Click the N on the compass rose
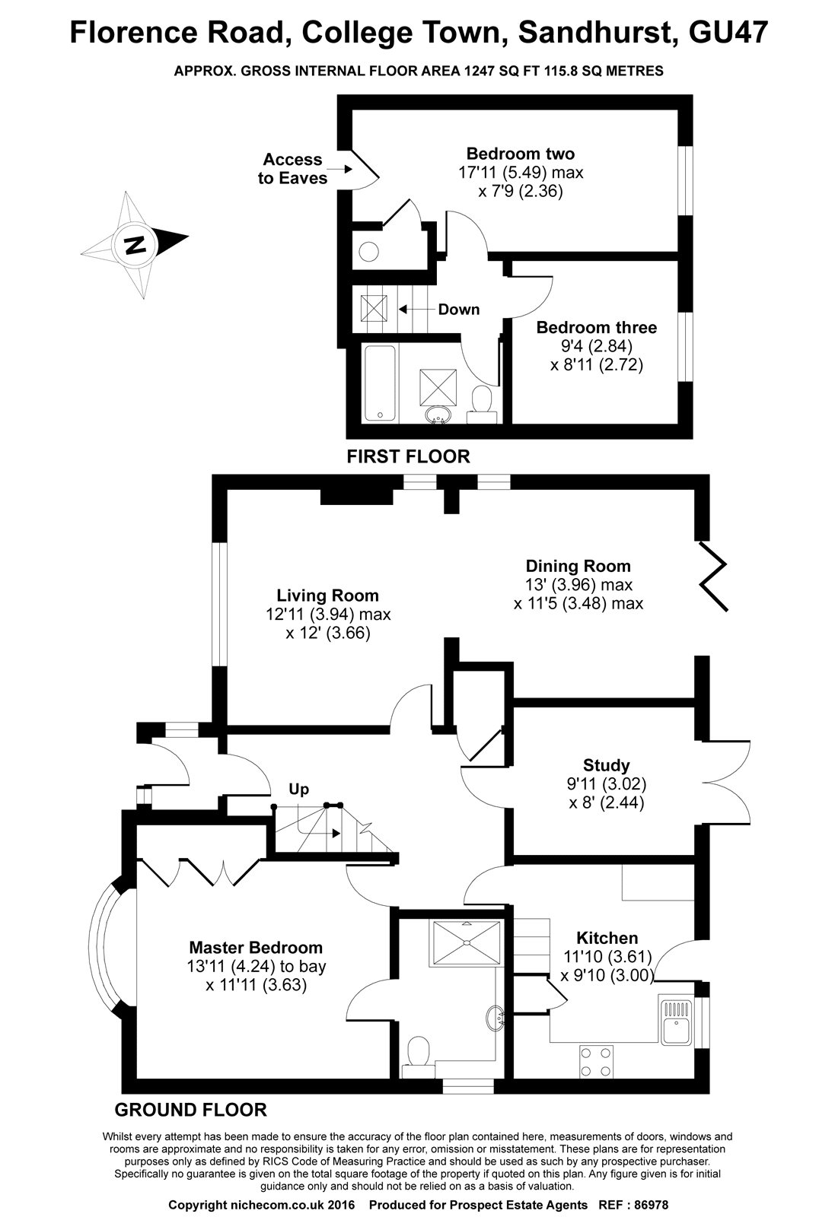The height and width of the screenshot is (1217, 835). tap(135, 246)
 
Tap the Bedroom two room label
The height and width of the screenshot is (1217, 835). tap(520, 154)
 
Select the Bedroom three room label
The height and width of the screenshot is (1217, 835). tap(596, 328)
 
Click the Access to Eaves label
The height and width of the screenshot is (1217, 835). tap(292, 169)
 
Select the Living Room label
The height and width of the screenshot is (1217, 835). tap(327, 596)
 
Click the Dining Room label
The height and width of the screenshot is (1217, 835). tap(578, 566)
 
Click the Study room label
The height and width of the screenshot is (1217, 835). tap(606, 765)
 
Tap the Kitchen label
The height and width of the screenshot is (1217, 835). tap(607, 938)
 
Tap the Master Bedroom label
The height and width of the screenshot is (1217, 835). tap(256, 948)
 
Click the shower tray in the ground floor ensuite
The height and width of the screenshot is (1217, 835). tap(464, 942)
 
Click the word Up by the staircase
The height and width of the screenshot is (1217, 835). tap(298, 790)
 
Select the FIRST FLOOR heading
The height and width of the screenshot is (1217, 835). tap(408, 456)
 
